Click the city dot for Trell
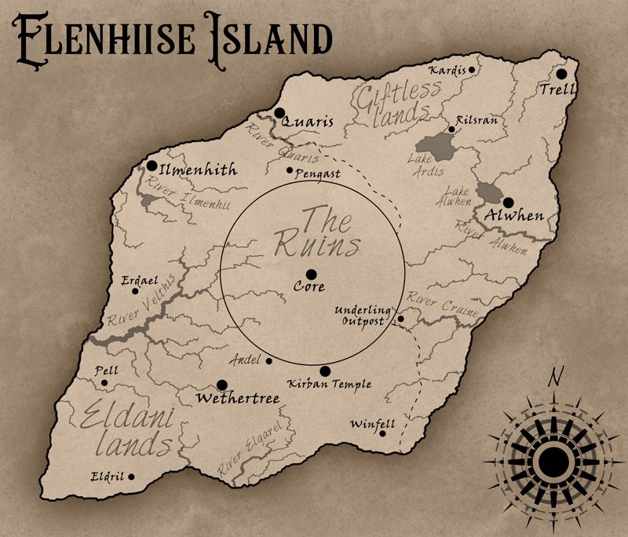561,74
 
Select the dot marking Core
311,273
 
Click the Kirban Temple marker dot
325,371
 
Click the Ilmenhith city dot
152,166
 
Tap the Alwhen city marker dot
508,202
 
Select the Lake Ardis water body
436,145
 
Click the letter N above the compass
555,378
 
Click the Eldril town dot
131,477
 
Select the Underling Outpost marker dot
400,319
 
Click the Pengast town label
317,174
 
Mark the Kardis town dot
472,69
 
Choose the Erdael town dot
135,291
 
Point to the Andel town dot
269,361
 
